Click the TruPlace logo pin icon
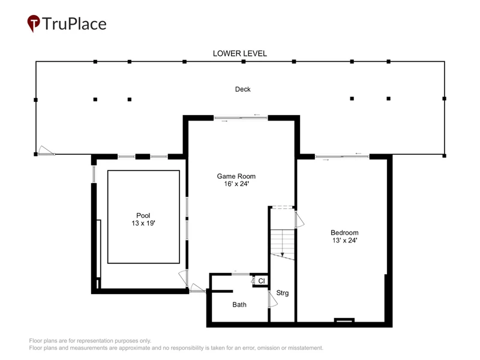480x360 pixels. pyautogui.click(x=34, y=23)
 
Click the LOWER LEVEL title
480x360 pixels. pyautogui.click(x=239, y=53)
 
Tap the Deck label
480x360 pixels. pyautogui.click(x=243, y=89)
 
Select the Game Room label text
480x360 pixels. pyautogui.click(x=236, y=176)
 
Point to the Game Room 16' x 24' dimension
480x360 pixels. pyautogui.click(x=236, y=184)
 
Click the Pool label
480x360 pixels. pyautogui.click(x=143, y=215)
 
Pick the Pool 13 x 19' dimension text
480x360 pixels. pyautogui.click(x=143, y=223)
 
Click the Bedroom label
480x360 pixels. pyautogui.click(x=344, y=233)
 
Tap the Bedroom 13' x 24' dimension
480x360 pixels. pyautogui.click(x=344, y=241)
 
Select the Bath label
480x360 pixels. pyautogui.click(x=239, y=305)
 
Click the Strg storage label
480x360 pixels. pyautogui.click(x=282, y=293)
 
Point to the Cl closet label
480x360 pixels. pyautogui.click(x=262, y=281)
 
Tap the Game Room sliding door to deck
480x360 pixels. pyautogui.click(x=241, y=118)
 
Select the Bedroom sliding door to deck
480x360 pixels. pyautogui.click(x=342, y=157)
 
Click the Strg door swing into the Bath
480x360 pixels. pyautogui.click(x=272, y=299)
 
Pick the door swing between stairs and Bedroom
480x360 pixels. pyautogui.click(x=299, y=220)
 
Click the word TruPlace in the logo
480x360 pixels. pyautogui.click(x=74, y=24)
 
